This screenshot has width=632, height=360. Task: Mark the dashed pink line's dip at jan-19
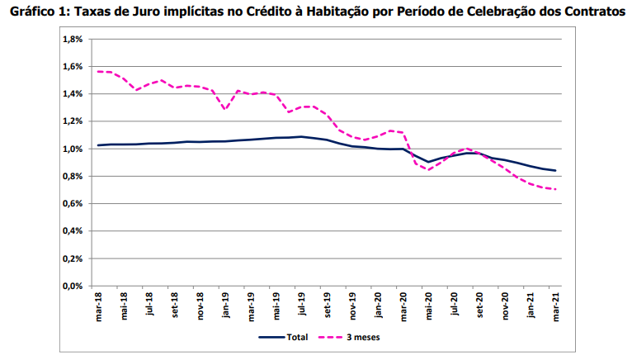[x=225, y=109]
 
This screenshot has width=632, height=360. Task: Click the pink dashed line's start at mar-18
[x=98, y=72]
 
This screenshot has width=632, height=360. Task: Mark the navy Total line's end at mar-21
[x=556, y=171]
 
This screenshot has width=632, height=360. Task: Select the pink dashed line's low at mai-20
[x=429, y=169]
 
